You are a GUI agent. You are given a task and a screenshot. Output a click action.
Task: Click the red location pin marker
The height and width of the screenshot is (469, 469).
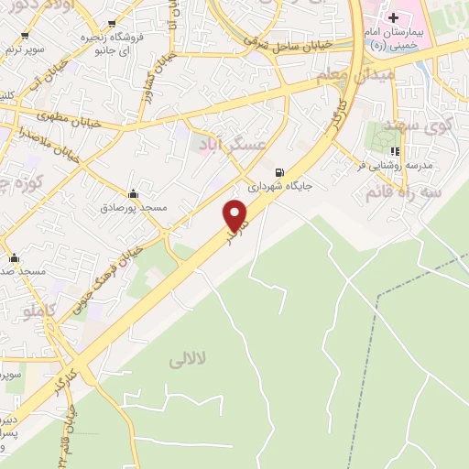pyautogui.click(x=237, y=216)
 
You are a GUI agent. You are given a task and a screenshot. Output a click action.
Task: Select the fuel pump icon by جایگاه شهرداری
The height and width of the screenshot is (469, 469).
pyautogui.click(x=279, y=171)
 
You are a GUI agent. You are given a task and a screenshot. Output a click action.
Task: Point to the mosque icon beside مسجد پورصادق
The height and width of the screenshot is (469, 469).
pyautogui.click(x=134, y=193)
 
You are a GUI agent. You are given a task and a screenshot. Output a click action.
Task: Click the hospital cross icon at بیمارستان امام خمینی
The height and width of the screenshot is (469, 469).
pyautogui.click(x=393, y=17)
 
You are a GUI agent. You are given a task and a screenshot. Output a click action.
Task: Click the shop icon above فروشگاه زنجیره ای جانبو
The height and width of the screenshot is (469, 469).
pyautogui.click(x=112, y=24)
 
